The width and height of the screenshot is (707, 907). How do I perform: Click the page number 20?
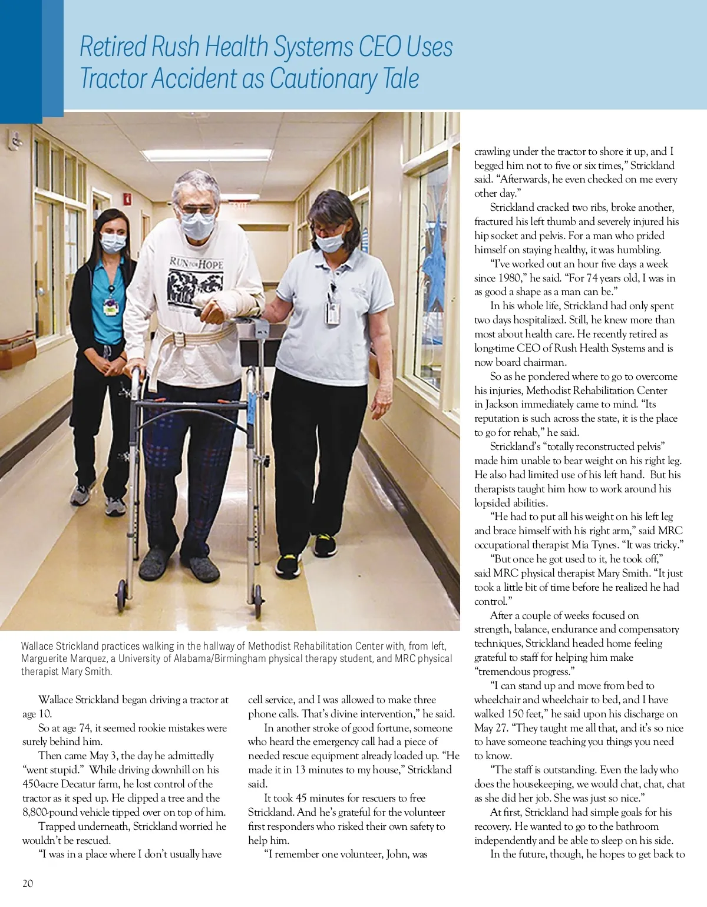pos(28,883)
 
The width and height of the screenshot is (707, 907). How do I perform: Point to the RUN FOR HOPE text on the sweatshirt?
pos(196,263)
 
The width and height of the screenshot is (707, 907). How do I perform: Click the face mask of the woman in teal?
pos(113,241)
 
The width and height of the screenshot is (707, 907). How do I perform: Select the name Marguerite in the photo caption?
pos(47,658)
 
